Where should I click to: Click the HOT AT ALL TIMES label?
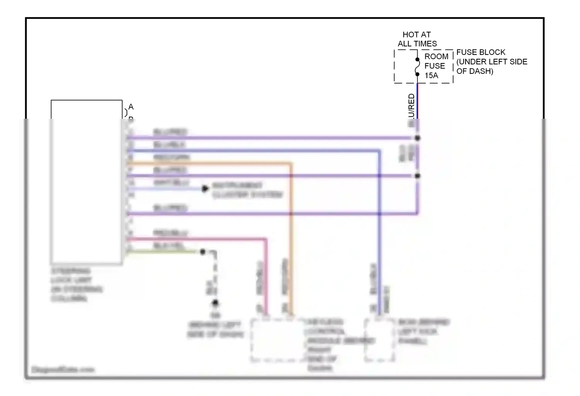(417, 39)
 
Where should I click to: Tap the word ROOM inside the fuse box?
(436, 56)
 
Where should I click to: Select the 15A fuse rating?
(432, 75)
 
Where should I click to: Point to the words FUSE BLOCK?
(481, 52)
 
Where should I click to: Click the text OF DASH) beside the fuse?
(474, 71)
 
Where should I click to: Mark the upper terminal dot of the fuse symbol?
(418, 60)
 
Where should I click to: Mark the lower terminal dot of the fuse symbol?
(418, 74)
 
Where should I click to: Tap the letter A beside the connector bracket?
(131, 107)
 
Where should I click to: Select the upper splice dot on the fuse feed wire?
(418, 138)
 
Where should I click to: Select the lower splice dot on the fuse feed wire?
(418, 176)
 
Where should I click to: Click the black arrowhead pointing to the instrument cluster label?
(205, 189)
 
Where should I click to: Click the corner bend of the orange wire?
(291, 164)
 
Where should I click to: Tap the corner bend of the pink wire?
(266, 240)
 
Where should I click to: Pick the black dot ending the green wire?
(203, 252)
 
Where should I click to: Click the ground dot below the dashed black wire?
(215, 303)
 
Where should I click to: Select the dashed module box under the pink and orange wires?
(278, 340)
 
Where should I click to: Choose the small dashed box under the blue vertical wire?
(379, 340)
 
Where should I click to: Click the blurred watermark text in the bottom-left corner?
(63, 370)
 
